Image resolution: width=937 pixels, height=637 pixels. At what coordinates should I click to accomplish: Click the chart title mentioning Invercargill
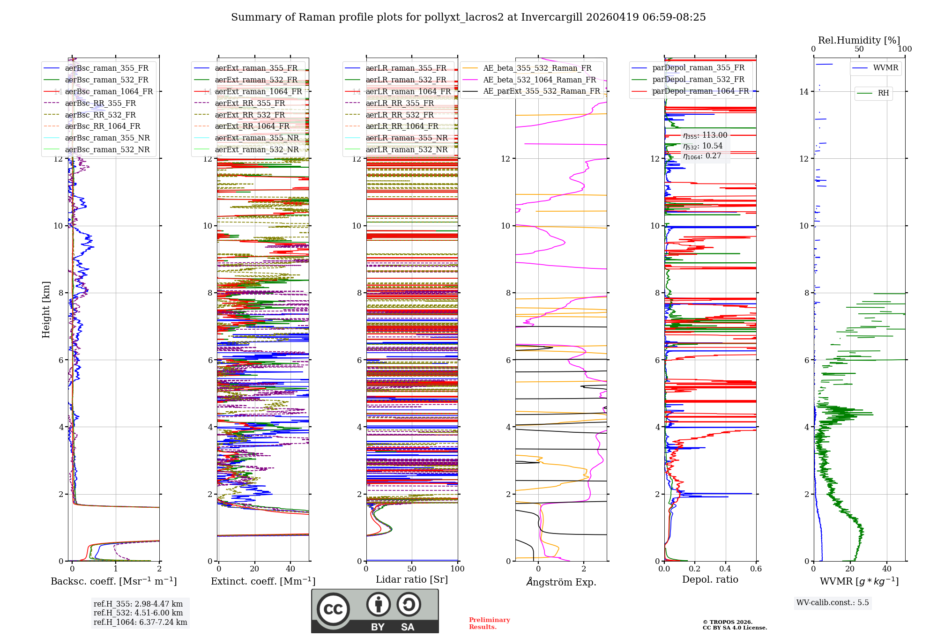pyautogui.click(x=468, y=17)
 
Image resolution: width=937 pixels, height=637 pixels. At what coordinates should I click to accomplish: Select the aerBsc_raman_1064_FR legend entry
pyautogui.click(x=109, y=91)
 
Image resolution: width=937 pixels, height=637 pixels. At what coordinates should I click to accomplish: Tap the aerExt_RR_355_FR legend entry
pyautogui.click(x=250, y=103)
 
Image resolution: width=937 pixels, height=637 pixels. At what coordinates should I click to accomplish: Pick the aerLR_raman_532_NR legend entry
pyautogui.click(x=406, y=149)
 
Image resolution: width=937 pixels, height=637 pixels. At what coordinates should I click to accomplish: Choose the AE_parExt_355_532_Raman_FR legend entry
pyautogui.click(x=541, y=91)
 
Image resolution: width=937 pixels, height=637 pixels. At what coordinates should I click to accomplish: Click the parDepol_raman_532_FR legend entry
pyautogui.click(x=698, y=80)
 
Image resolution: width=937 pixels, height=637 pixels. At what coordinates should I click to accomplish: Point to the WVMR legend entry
pyautogui.click(x=885, y=68)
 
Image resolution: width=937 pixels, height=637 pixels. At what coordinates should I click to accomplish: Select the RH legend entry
pyautogui.click(x=883, y=93)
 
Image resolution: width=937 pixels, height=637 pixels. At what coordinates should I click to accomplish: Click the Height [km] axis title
pyautogui.click(x=46, y=309)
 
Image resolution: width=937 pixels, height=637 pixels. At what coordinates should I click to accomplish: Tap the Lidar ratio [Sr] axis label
pyautogui.click(x=411, y=579)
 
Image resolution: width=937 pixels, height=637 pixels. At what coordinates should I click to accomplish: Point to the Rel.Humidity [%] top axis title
pyautogui.click(x=859, y=40)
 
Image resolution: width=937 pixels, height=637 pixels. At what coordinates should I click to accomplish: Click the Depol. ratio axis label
pyautogui.click(x=710, y=579)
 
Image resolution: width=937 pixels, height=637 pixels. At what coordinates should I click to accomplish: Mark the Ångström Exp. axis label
pyautogui.click(x=561, y=582)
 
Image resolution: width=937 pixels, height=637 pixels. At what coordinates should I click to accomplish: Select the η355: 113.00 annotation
pyautogui.click(x=705, y=135)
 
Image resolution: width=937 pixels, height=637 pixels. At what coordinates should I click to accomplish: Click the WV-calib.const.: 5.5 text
pyautogui.click(x=832, y=602)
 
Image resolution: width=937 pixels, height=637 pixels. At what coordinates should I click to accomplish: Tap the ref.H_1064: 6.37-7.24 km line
pyautogui.click(x=140, y=622)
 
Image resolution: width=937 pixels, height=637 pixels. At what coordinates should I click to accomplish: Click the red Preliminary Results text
pyautogui.click(x=489, y=623)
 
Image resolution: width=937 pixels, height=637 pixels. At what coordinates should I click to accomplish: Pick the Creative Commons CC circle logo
pyautogui.click(x=333, y=609)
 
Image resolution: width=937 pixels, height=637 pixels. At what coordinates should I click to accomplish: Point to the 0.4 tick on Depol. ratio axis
pyautogui.click(x=725, y=569)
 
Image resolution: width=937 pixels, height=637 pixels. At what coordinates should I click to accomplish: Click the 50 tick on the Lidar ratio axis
pyautogui.click(x=411, y=569)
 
